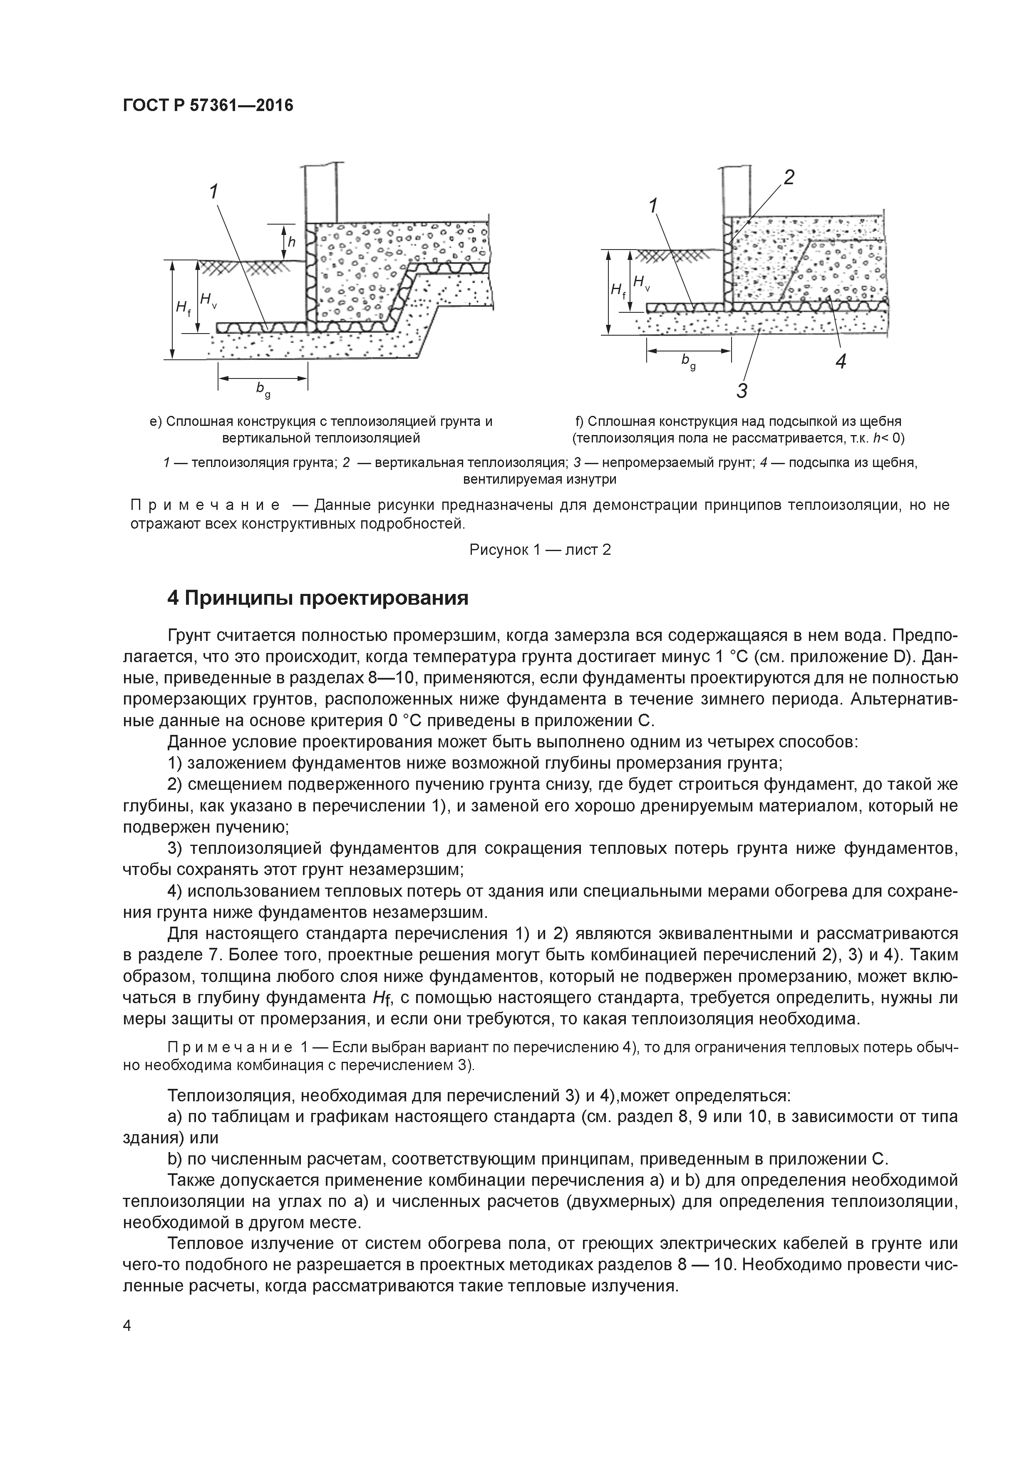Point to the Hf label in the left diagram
click(183, 309)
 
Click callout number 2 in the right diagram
click(789, 178)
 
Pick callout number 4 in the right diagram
click(841, 361)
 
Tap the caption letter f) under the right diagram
click(579, 421)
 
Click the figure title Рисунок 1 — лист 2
click(540, 550)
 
